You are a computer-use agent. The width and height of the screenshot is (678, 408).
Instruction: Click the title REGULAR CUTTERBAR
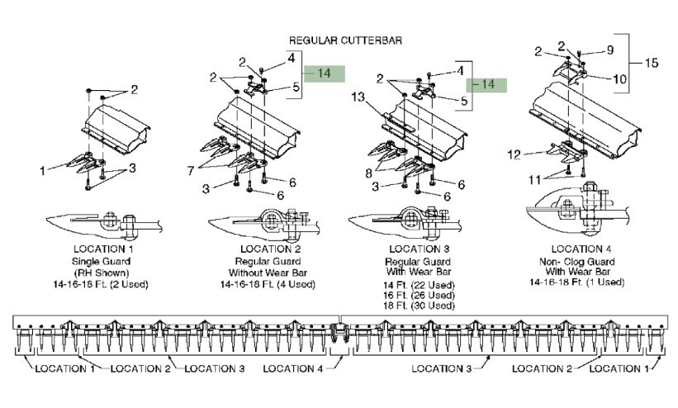tap(345, 40)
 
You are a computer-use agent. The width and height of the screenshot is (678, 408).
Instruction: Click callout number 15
tap(652, 63)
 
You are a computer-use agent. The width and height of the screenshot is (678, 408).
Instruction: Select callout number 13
tap(358, 97)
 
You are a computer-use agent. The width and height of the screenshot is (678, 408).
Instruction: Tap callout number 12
tap(514, 154)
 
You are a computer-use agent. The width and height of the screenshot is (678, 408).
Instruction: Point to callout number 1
tap(42, 171)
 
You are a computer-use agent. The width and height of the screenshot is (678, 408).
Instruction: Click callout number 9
tap(610, 50)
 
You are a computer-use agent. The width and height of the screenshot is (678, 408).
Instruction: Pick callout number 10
tap(619, 79)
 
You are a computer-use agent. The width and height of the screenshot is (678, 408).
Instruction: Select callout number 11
tap(535, 179)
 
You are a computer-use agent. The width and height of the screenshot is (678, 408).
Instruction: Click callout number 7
tap(191, 171)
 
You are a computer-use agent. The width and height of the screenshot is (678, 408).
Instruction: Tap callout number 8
tap(368, 173)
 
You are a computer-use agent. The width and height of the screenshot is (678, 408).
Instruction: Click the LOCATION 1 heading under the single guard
tap(103, 249)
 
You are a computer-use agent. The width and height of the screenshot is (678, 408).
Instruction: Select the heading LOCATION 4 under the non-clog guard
tap(581, 249)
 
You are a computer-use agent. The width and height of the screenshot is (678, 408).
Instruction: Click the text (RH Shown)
tap(102, 273)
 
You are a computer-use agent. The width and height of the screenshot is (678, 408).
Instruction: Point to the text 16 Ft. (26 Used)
tap(419, 296)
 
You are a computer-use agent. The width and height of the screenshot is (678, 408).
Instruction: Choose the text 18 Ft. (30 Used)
tap(419, 306)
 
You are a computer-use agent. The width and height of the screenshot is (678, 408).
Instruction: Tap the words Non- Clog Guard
tap(576, 262)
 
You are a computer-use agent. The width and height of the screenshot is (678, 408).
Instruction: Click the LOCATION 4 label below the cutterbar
tap(292, 369)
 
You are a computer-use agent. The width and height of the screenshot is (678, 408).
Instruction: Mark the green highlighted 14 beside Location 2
tap(325, 74)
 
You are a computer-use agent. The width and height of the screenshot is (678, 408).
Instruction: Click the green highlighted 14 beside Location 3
tap(486, 84)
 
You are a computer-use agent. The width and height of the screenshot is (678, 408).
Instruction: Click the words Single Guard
tap(102, 262)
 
